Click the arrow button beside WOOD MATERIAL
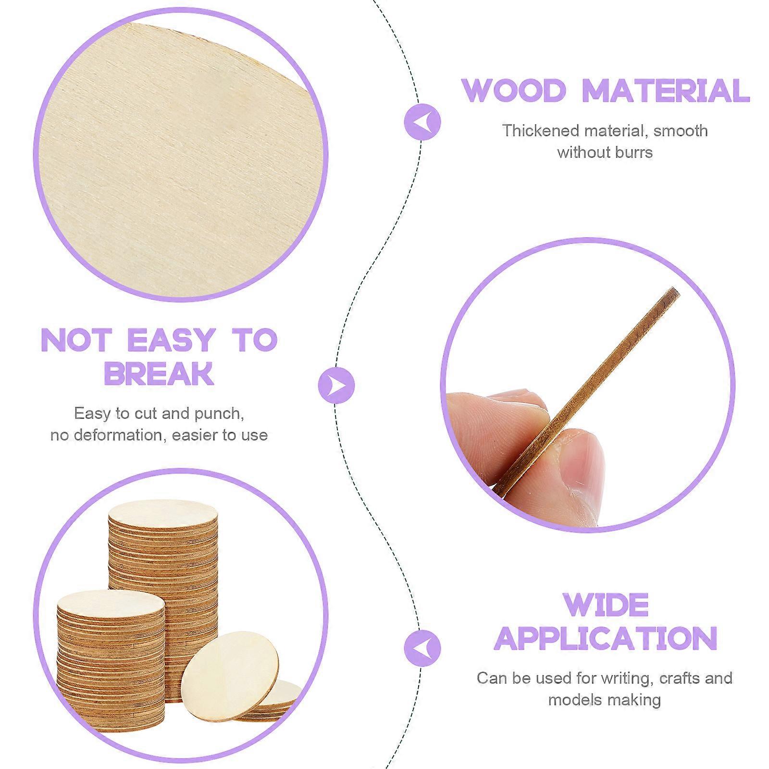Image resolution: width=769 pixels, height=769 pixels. (422, 122)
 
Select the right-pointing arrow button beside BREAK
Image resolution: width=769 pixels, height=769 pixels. (336, 385)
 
